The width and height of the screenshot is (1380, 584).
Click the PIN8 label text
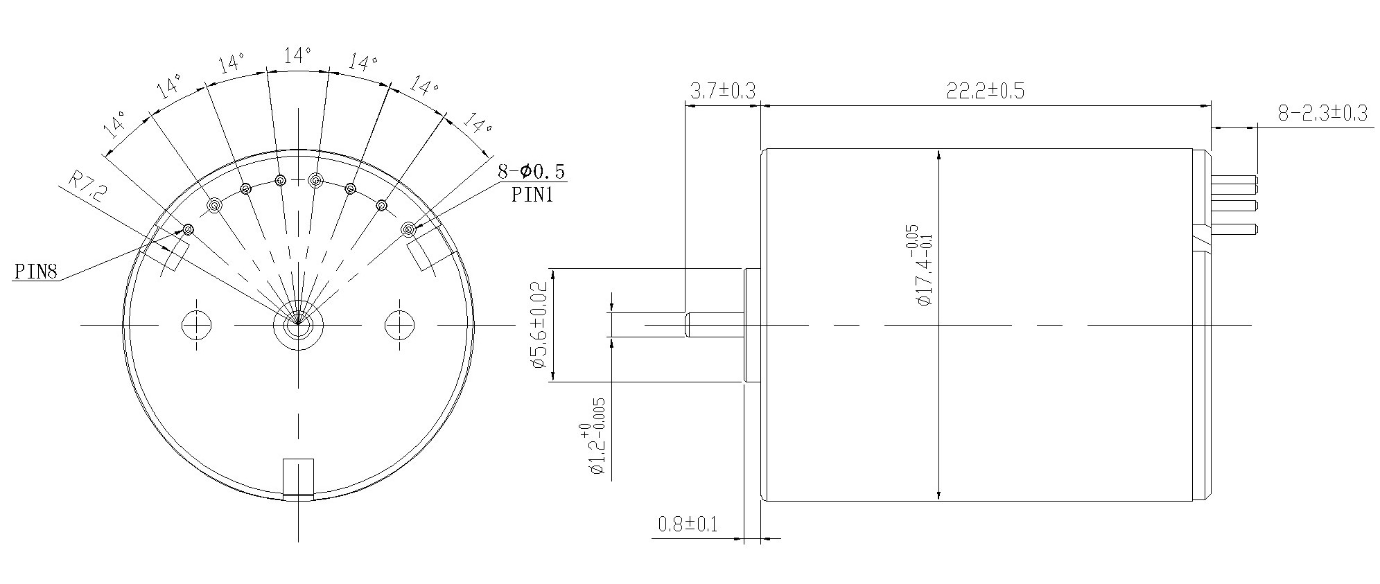[x=35, y=272]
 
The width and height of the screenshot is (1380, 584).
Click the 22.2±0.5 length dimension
[x=985, y=91]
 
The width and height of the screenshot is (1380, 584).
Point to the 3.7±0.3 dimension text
[x=722, y=91]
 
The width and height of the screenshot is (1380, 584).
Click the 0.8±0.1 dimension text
[x=688, y=524]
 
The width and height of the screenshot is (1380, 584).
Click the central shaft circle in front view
[x=298, y=324]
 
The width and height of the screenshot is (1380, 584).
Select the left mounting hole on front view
[x=197, y=324]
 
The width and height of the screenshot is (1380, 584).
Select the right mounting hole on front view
[x=399, y=324]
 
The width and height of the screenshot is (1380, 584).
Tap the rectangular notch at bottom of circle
[x=299, y=478]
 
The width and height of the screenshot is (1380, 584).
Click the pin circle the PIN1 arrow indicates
[x=408, y=229]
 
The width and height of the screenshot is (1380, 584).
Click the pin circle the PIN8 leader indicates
[x=188, y=229]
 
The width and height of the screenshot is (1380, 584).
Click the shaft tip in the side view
[x=689, y=324]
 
